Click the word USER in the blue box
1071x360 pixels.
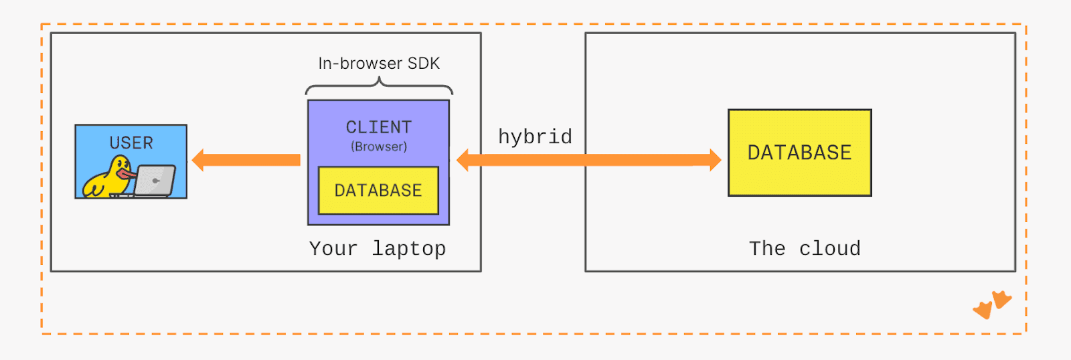[131, 143]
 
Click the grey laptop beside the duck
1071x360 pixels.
[155, 181]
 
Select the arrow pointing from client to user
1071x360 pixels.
[246, 160]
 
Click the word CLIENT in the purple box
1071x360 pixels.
[378, 127]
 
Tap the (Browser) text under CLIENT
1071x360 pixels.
[379, 147]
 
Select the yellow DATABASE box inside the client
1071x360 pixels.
[378, 191]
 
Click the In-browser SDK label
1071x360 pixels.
[379, 64]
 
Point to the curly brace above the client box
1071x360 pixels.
[379, 86]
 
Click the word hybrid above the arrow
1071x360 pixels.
[535, 137]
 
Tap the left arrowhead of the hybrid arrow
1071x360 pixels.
[463, 160]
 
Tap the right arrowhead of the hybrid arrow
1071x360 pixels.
[714, 160]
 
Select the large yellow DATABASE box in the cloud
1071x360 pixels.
[799, 153]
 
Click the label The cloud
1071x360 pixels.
[805, 249]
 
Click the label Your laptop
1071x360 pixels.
[378, 249]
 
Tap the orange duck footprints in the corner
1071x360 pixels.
[992, 304]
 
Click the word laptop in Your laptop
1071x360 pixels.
[409, 249]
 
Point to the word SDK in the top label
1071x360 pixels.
[423, 64]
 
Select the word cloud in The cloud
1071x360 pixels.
[830, 249]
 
